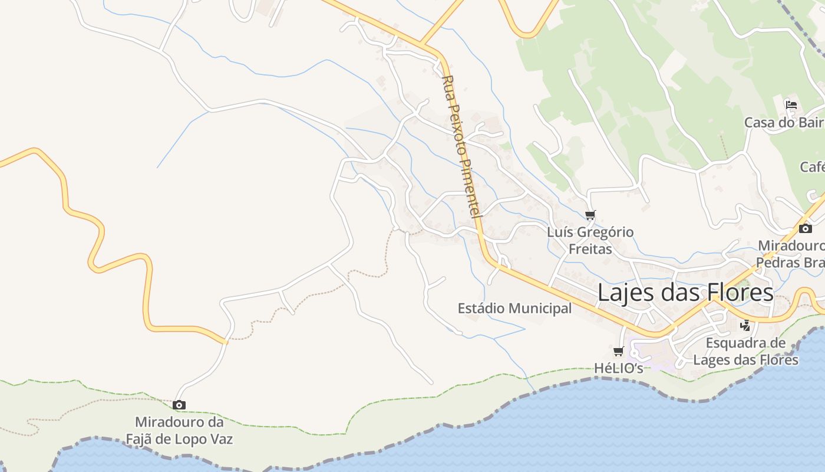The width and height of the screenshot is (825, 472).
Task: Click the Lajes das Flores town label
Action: pos(685,293)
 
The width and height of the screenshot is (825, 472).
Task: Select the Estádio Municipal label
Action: pos(514,309)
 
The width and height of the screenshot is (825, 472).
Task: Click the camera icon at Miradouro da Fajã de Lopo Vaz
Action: pos(179,405)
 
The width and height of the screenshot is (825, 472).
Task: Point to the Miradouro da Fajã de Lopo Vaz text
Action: pos(179,431)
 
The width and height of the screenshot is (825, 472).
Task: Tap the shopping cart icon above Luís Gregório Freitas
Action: pos(590,215)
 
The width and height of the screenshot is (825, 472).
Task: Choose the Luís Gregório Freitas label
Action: pos(590,241)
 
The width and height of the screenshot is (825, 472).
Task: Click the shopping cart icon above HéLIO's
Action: pos(618,352)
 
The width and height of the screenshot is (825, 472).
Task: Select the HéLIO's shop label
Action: pos(618,368)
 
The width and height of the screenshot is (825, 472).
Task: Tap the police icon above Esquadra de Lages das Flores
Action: pos(745,325)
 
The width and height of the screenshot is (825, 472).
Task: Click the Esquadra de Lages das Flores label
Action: pos(745,352)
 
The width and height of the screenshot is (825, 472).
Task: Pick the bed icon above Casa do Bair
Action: pos(791,105)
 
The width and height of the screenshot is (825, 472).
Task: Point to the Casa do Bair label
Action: pos(783,123)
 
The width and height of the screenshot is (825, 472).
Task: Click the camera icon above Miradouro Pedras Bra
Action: pos(805,229)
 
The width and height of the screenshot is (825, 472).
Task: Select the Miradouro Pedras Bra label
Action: pos(791,254)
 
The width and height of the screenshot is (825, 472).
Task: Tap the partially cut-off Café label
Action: pos(812,167)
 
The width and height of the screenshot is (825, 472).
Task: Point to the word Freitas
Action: pos(590,249)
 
